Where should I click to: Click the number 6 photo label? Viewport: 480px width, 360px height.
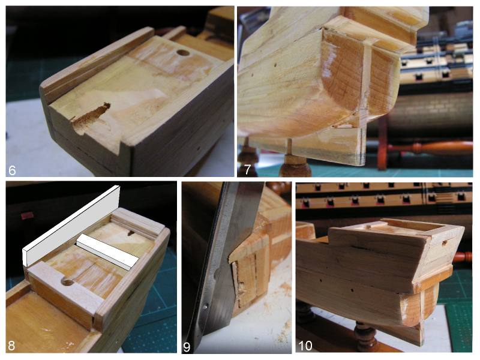point(12,170)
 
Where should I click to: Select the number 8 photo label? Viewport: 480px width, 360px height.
point(11,346)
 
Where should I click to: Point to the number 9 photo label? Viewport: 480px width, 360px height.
point(187,347)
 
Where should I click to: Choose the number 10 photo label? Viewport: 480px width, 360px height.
point(305,346)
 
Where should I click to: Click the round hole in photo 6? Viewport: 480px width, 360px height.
point(183,52)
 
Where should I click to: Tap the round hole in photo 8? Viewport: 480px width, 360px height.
point(67,282)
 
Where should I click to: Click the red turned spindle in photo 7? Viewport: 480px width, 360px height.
point(428,148)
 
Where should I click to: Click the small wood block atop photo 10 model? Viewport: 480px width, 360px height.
point(376,224)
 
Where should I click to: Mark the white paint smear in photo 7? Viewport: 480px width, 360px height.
point(327,68)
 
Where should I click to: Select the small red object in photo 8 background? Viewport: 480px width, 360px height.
point(27,216)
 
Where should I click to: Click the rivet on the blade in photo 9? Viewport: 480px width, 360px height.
point(206,306)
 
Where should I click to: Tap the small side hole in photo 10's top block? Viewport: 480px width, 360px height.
point(445,243)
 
